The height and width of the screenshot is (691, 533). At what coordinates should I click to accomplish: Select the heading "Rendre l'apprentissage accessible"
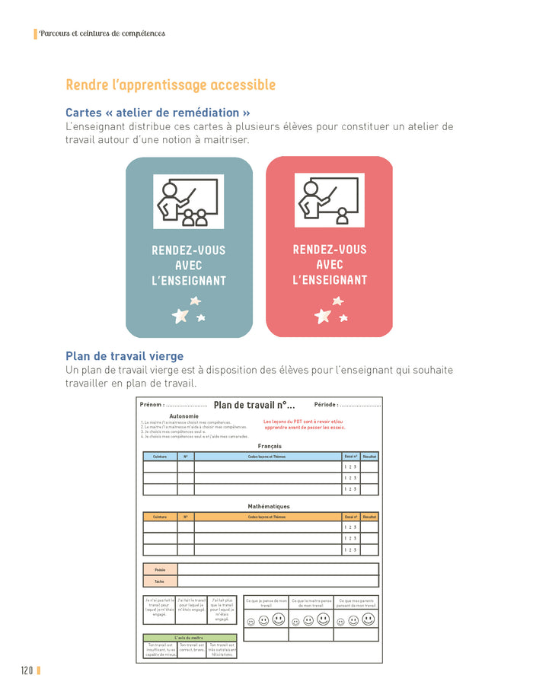171,84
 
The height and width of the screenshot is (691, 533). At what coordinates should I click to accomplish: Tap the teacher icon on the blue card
189,202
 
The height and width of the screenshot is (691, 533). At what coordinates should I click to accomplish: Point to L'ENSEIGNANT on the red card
329,280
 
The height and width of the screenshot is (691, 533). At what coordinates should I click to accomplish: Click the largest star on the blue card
180,315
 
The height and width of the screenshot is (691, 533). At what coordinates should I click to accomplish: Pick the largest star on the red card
322,314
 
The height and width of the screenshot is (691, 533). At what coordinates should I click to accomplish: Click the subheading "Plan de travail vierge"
124,356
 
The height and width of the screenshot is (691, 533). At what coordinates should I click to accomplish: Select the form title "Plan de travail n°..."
254,406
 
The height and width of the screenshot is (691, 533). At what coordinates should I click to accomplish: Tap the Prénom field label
152,405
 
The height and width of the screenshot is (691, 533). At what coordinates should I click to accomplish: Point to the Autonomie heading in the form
184,416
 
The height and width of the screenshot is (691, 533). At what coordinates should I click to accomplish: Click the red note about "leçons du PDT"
304,424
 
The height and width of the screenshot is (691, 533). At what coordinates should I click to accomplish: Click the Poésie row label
160,569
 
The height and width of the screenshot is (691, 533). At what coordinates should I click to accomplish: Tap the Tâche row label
160,581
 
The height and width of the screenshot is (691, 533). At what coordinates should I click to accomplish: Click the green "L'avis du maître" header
189,638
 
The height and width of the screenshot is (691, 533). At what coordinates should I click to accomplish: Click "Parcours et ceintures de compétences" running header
102,33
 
